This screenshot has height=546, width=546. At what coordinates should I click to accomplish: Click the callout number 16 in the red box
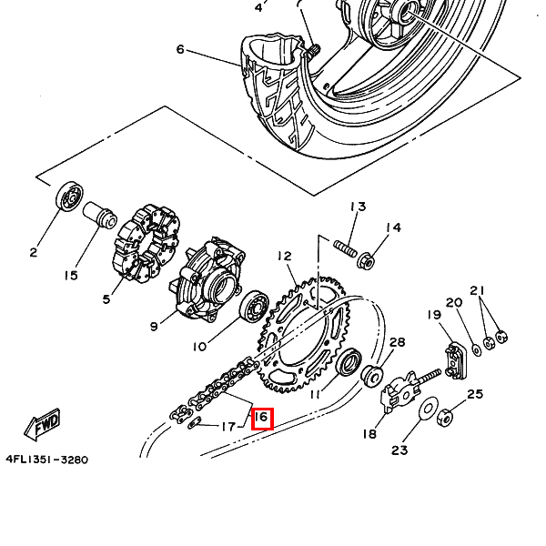(x=261, y=418)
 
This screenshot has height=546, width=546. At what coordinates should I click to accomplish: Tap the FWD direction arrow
(x=44, y=424)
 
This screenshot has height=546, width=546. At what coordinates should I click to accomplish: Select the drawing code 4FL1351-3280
(x=46, y=460)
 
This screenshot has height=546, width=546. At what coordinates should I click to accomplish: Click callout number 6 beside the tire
(x=180, y=49)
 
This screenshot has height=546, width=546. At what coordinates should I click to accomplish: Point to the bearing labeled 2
(x=69, y=197)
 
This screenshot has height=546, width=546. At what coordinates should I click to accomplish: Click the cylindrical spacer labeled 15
(x=99, y=219)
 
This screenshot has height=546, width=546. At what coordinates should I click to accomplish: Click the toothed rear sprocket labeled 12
(x=305, y=337)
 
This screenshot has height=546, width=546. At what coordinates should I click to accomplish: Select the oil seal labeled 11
(x=349, y=367)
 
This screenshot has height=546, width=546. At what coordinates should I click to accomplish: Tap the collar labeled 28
(x=373, y=375)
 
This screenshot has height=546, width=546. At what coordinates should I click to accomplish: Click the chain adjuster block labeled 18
(x=398, y=397)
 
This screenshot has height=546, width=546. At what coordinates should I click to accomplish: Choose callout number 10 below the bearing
(x=199, y=346)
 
